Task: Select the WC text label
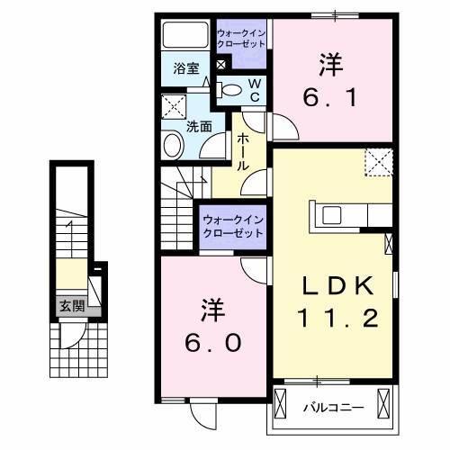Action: [x=254, y=89]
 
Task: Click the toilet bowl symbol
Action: [x=230, y=89]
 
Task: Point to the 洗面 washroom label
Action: [x=199, y=127]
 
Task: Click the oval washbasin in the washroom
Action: [x=172, y=144]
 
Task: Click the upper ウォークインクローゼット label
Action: [x=240, y=39]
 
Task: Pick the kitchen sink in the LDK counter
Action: [x=329, y=215]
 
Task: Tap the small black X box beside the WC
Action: [x=221, y=65]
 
